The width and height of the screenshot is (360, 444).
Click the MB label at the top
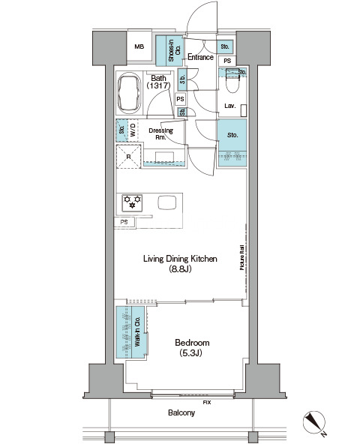[x=139, y=46]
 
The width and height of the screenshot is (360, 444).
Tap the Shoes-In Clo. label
[x=175, y=50]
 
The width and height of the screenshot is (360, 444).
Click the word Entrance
[x=200, y=57]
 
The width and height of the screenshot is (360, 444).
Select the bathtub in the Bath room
[x=130, y=93]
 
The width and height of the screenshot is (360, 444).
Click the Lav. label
[x=230, y=106]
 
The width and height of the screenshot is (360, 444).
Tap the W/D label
[x=133, y=130]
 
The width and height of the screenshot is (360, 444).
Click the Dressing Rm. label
[x=161, y=133]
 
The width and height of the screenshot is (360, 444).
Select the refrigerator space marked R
[x=128, y=157]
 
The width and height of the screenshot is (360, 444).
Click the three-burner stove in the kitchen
[x=132, y=203]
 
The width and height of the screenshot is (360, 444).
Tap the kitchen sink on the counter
[x=167, y=202]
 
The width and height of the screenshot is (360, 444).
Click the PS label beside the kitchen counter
[x=124, y=222]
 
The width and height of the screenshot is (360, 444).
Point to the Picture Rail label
[x=242, y=257]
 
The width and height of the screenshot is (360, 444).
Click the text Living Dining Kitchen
[x=180, y=259]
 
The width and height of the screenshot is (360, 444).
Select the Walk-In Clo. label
[x=137, y=331]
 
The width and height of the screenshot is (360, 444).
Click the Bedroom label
[x=192, y=343]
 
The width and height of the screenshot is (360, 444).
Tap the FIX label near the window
[x=207, y=402]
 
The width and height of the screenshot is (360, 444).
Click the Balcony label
[x=181, y=412]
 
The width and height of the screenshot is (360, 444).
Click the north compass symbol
[x=314, y=422]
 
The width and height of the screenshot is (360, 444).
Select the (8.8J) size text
[x=180, y=268]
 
